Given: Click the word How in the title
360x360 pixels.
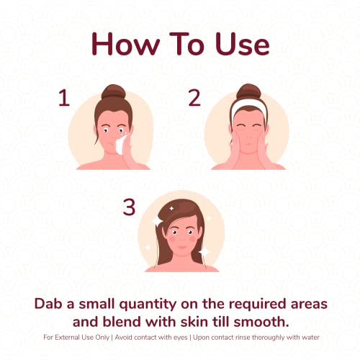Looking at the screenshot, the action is (x=125, y=44).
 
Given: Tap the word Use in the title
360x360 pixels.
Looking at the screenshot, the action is (x=243, y=44).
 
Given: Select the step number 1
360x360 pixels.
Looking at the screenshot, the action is (x=64, y=97).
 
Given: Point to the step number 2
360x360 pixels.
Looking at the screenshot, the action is (x=194, y=97).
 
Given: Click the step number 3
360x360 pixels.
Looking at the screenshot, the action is (x=129, y=207).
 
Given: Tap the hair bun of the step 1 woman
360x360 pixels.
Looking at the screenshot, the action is (x=114, y=92).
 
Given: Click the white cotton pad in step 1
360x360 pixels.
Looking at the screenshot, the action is (x=121, y=145).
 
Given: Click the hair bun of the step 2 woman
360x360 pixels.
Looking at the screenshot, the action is (x=248, y=91).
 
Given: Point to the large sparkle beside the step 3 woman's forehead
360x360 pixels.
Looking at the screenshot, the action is (x=157, y=221).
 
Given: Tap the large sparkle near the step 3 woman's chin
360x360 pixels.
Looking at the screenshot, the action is (x=204, y=252).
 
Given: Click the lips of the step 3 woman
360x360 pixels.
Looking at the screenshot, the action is (x=182, y=247).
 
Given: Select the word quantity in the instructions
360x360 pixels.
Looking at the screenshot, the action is (x=148, y=305).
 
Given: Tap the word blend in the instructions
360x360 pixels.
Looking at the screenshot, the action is (x=122, y=322).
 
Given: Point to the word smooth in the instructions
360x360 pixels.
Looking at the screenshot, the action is (x=261, y=322).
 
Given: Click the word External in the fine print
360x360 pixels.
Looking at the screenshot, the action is (x=67, y=337).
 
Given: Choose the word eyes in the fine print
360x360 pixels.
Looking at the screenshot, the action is (x=180, y=338).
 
